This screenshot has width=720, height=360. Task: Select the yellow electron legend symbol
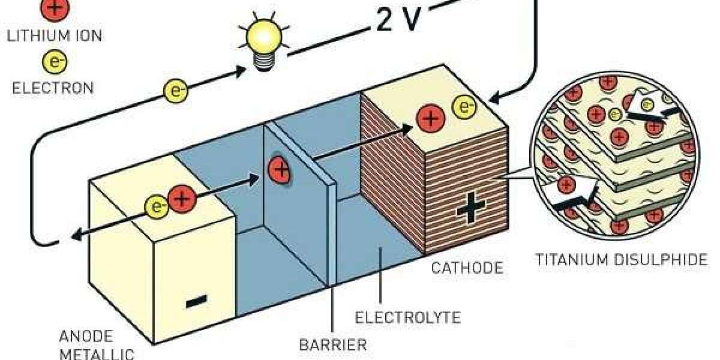[x=53, y=61]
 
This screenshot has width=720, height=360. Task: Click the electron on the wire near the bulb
[x=176, y=91]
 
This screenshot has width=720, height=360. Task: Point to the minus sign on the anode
[x=196, y=302]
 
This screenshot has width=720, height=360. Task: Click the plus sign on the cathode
[x=470, y=210]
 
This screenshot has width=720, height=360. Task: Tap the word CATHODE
[x=467, y=268]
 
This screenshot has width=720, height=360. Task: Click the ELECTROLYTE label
[x=408, y=316]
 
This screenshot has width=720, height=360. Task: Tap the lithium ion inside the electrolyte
[x=280, y=170]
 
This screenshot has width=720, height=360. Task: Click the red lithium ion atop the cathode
[x=430, y=118]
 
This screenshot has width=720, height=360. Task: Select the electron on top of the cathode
[x=464, y=107]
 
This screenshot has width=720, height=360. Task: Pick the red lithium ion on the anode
[x=181, y=198]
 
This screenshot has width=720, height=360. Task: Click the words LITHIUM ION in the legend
[x=54, y=35]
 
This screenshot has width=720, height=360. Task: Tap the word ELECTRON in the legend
[x=53, y=88]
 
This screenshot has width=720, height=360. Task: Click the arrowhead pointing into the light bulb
[x=239, y=70]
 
